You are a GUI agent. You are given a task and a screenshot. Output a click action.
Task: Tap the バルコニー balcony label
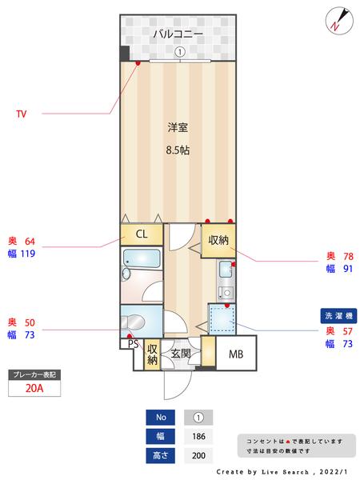point(178,34)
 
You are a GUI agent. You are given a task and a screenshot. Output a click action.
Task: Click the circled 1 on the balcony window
point(179,52)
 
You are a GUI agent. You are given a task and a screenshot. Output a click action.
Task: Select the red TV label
point(22,114)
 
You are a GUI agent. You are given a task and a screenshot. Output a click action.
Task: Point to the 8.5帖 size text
point(178,150)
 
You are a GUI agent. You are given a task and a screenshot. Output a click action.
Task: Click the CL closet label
point(141,234)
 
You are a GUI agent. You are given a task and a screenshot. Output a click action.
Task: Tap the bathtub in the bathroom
point(142,259)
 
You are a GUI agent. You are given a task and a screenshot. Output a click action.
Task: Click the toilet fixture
point(137,321)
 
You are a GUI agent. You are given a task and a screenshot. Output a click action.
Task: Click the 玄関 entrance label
point(179,353)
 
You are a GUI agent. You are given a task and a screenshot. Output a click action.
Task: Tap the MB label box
point(236,353)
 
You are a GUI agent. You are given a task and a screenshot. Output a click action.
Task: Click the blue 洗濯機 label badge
point(340,314)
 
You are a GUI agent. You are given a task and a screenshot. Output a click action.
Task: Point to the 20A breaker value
point(34,390)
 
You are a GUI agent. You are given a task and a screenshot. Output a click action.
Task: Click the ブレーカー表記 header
point(34,374)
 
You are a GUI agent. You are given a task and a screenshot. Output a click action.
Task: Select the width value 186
point(198,437)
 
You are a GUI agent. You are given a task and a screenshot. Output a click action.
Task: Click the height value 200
point(198,456)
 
